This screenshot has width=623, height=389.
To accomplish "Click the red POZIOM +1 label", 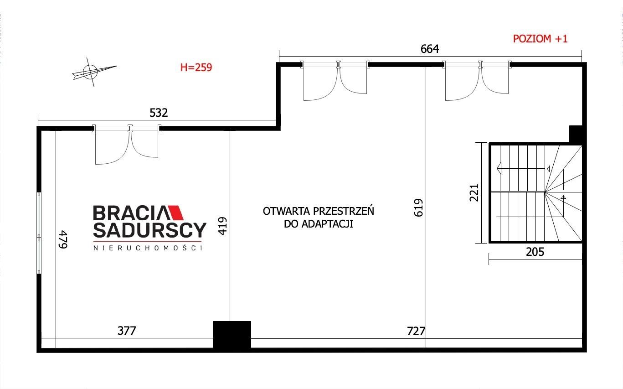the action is pyautogui.click(x=540, y=39).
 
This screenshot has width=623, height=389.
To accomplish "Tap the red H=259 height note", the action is pyautogui.click(x=196, y=67).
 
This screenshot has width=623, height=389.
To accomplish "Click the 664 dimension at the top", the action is pyautogui.click(x=430, y=49).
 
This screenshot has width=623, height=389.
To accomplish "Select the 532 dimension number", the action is pyautogui.click(x=159, y=113).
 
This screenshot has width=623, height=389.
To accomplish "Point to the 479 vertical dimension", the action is pyautogui.click(x=63, y=239).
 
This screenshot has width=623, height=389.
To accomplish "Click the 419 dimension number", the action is pyautogui.click(x=223, y=226).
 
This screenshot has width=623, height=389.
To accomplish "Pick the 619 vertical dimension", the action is pyautogui.click(x=418, y=207).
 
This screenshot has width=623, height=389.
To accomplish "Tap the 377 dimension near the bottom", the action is pyautogui.click(x=127, y=331).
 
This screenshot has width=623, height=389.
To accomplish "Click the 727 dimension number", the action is pyautogui.click(x=416, y=332).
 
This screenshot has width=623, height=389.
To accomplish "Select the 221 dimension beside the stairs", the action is pyautogui.click(x=474, y=192).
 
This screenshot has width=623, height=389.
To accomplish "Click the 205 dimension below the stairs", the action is pyautogui.click(x=535, y=252).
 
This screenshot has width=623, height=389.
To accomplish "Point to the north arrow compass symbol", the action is pyautogui.click(x=91, y=72).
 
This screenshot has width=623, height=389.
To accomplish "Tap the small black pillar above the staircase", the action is pyautogui.click(x=576, y=134).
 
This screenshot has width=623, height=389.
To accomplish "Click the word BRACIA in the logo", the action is pyautogui.click(x=131, y=213).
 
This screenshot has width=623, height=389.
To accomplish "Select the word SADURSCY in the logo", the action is pyautogui.click(x=149, y=230).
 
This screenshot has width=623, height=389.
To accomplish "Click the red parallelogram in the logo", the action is pyautogui.click(x=175, y=213).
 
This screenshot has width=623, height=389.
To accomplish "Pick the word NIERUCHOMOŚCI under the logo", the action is pyautogui.click(x=148, y=248).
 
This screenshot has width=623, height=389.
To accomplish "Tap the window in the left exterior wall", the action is pyautogui.click(x=39, y=233).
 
